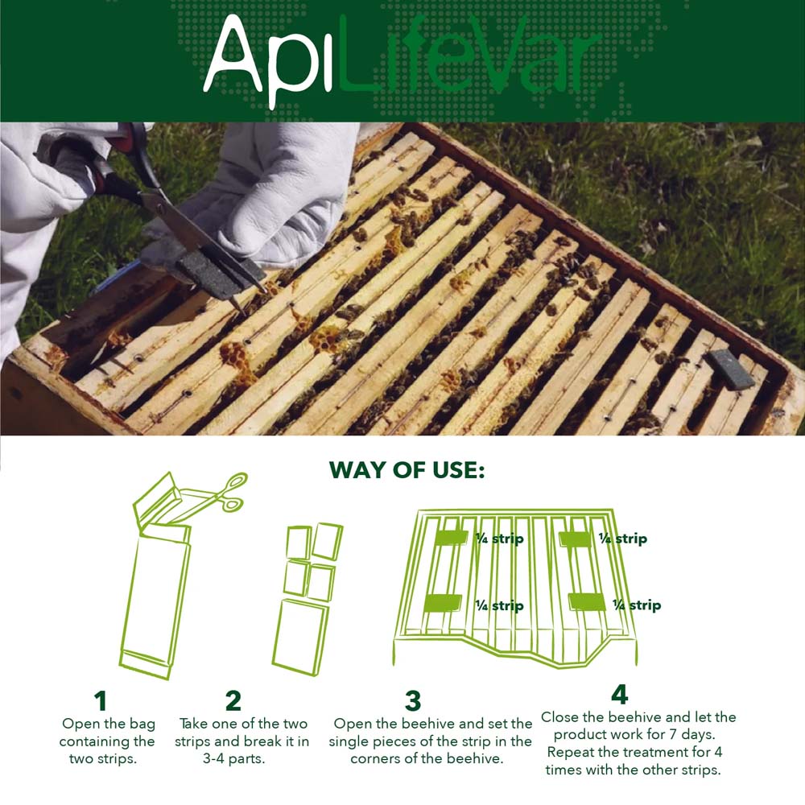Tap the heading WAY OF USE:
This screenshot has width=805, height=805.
coord(407,470)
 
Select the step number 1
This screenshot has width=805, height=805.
coord(101,701)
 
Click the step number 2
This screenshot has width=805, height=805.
coord(233,701)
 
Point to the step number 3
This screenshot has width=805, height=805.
coord(412,701)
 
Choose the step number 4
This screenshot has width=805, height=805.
coord(619,694)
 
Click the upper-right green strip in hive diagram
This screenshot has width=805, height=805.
coord(576,539)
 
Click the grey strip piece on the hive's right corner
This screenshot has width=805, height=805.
coord(731,370)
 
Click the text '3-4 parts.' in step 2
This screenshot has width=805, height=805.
coord(242,759)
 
